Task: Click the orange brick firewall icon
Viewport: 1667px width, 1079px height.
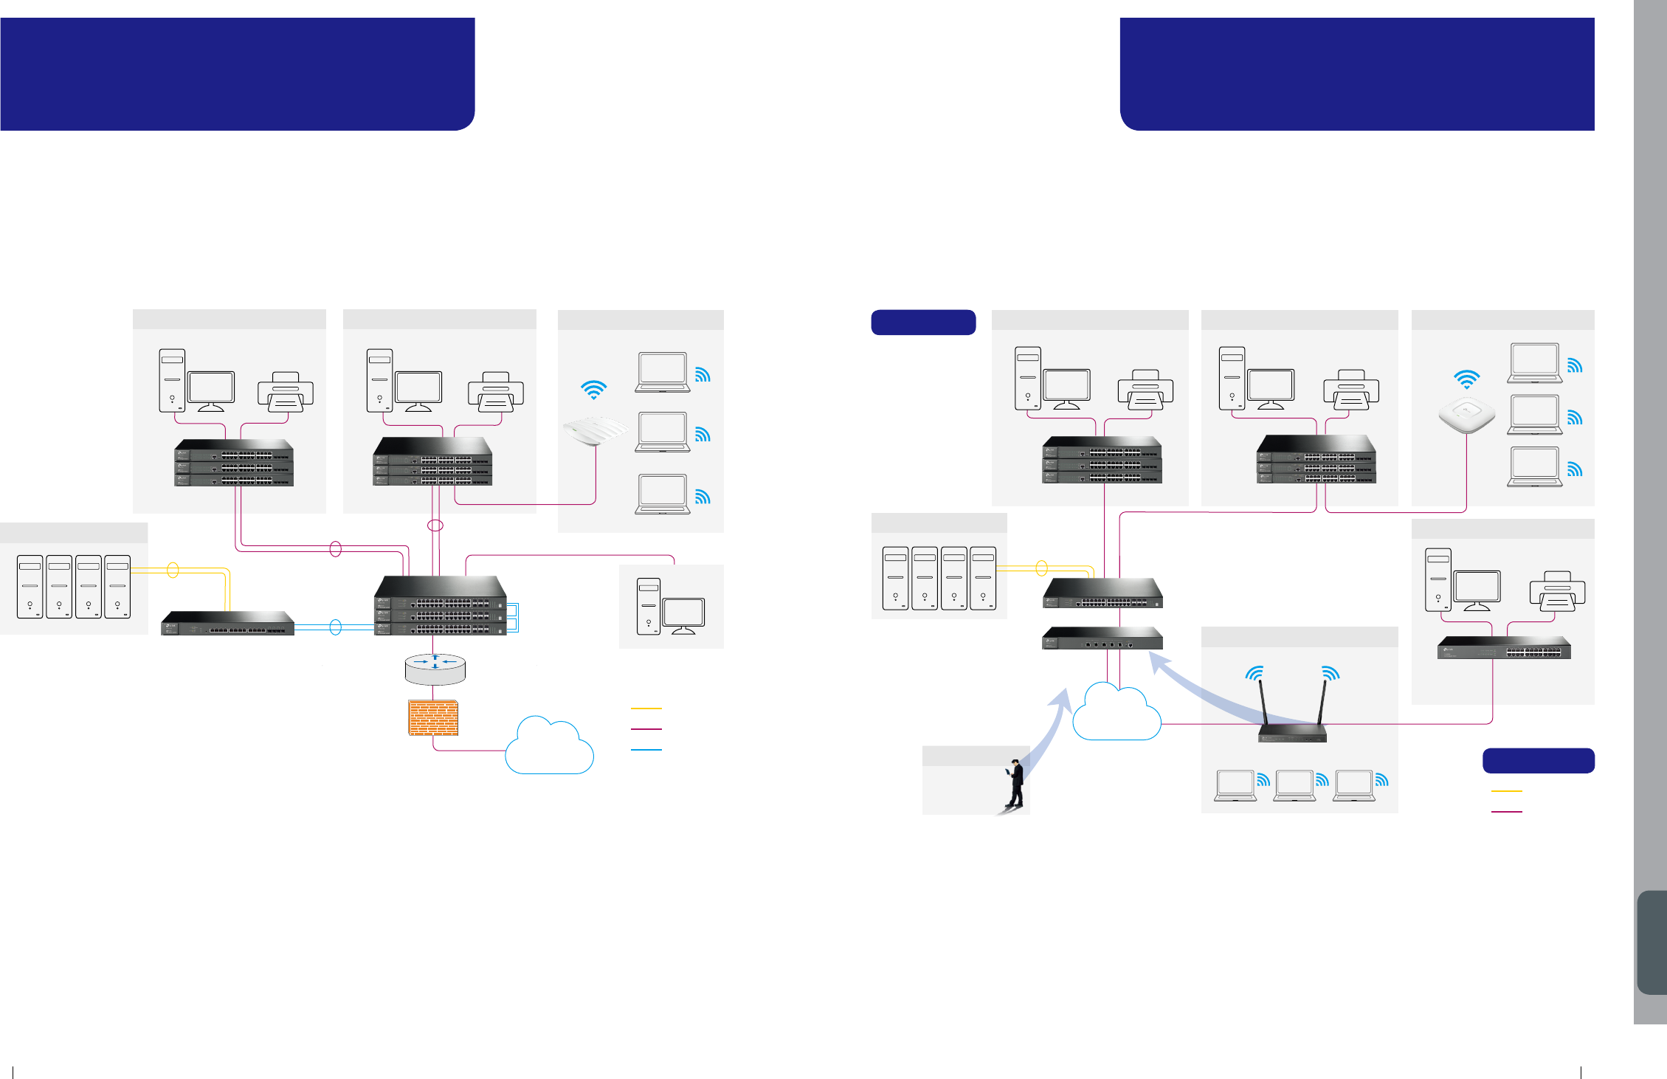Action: click(433, 717)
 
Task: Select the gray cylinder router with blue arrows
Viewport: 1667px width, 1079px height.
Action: click(435, 668)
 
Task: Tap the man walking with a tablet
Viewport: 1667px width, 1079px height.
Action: click(1016, 783)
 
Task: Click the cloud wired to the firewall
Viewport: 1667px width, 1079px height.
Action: click(549, 747)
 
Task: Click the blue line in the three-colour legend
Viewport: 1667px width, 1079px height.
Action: click(646, 750)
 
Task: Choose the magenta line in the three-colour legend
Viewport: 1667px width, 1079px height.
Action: click(646, 729)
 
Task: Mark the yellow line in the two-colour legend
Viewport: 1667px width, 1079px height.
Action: click(1506, 791)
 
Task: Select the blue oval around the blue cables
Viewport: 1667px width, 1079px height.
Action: click(336, 627)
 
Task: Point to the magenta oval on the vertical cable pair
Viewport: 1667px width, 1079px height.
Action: click(435, 525)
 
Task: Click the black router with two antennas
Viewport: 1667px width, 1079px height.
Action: click(1292, 731)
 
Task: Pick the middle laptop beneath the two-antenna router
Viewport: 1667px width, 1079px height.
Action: click(1295, 785)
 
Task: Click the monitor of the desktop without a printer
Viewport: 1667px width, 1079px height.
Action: click(683, 614)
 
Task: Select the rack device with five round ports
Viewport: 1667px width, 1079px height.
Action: click(1102, 639)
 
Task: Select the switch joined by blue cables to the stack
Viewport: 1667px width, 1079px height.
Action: click(228, 623)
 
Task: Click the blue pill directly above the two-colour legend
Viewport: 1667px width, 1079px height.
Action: click(1538, 761)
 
